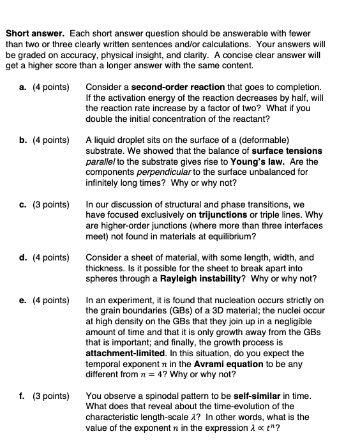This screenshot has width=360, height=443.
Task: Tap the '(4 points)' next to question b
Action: tap(50, 140)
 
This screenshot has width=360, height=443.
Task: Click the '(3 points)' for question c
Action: tap(50, 204)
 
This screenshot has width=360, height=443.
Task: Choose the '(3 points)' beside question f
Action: tap(50, 396)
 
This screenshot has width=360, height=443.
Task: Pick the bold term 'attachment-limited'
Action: tap(125, 353)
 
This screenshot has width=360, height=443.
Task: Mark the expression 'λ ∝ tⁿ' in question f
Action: tap(262, 429)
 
